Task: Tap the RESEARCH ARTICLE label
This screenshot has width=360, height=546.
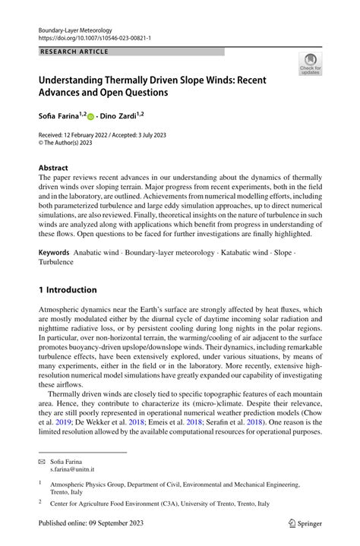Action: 74,52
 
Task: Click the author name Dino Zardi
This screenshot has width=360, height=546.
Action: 118,116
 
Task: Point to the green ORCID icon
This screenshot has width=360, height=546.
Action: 91,117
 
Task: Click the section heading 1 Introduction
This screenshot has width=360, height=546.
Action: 68,290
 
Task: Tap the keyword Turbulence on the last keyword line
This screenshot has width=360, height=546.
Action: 56,262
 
